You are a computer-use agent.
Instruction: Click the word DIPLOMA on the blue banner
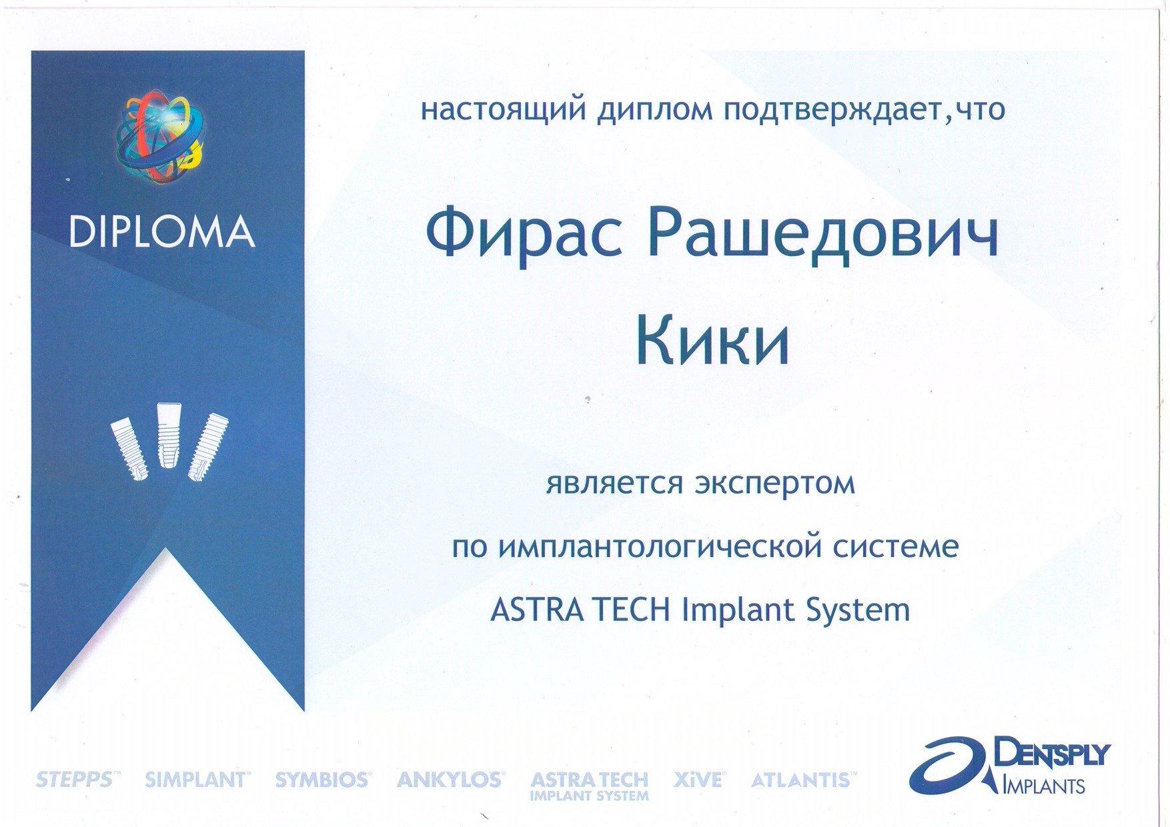[161, 231]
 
